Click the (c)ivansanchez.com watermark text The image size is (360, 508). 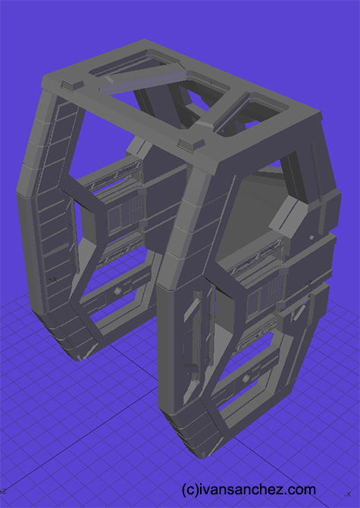point(249,489)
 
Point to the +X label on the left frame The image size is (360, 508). point(51,278)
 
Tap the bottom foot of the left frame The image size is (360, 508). point(72,345)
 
